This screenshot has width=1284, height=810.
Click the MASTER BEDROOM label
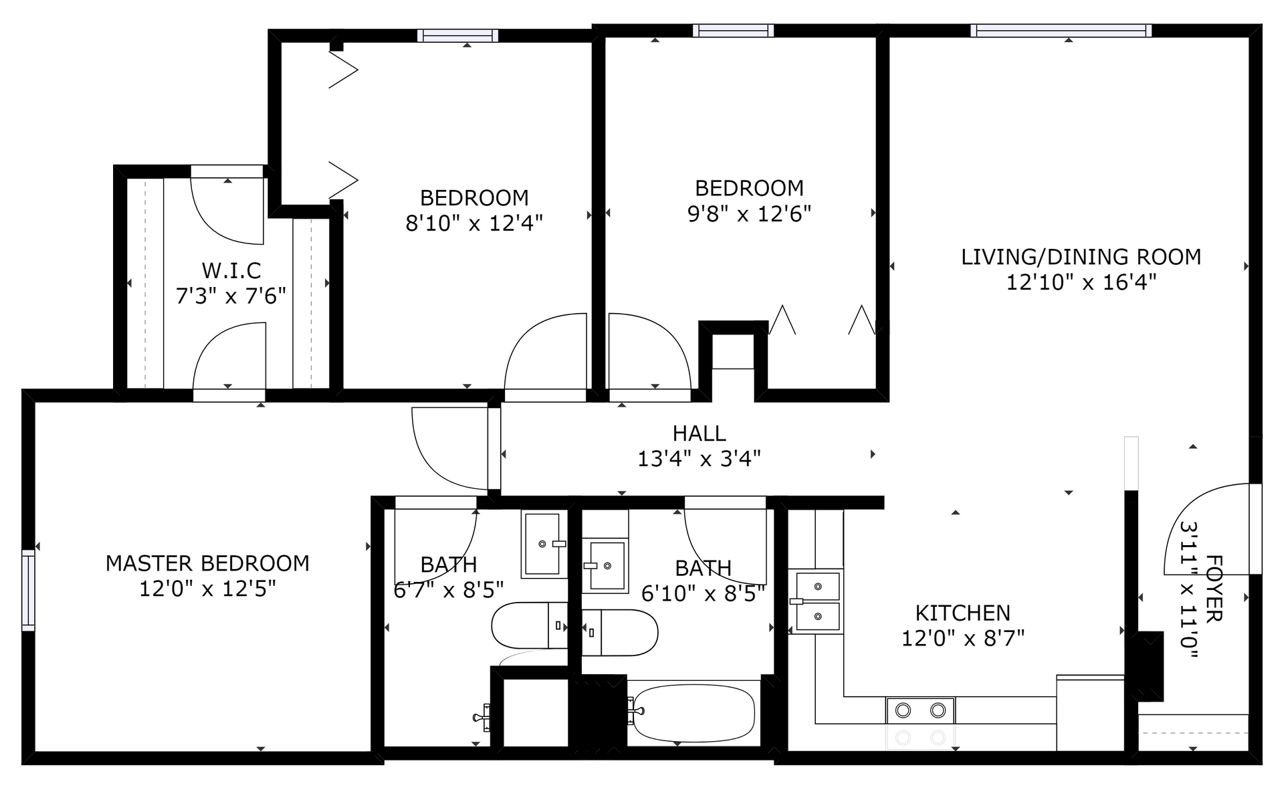pyautogui.click(x=207, y=563)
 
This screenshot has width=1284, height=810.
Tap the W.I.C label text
pyautogui.click(x=231, y=270)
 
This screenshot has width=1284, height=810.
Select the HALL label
pyautogui.click(x=699, y=433)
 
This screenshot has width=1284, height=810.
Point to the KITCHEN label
pyautogui.click(x=962, y=613)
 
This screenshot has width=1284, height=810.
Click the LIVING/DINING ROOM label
pyautogui.click(x=1081, y=257)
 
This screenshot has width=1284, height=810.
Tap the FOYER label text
pyautogui.click(x=1213, y=589)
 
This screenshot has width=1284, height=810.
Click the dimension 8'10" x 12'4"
pyautogui.click(x=474, y=223)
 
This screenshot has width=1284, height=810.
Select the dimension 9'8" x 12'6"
pyautogui.click(x=749, y=213)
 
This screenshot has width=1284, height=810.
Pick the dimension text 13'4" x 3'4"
pyautogui.click(x=699, y=459)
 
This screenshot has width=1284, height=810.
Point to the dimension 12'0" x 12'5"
pyautogui.click(x=207, y=589)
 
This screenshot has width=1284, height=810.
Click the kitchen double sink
pyautogui.click(x=816, y=601)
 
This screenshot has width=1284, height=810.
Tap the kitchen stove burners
pyautogui.click(x=920, y=710)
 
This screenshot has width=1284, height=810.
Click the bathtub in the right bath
pyautogui.click(x=693, y=713)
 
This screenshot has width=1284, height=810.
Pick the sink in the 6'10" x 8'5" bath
pyautogui.click(x=605, y=565)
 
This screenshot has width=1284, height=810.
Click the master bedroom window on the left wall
pyautogui.click(x=28, y=590)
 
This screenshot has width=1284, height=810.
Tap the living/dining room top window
pyautogui.click(x=1061, y=30)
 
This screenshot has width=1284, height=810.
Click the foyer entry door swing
pyautogui.click(x=1207, y=528)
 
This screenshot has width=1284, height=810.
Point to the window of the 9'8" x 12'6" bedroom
pyautogui.click(x=734, y=30)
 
